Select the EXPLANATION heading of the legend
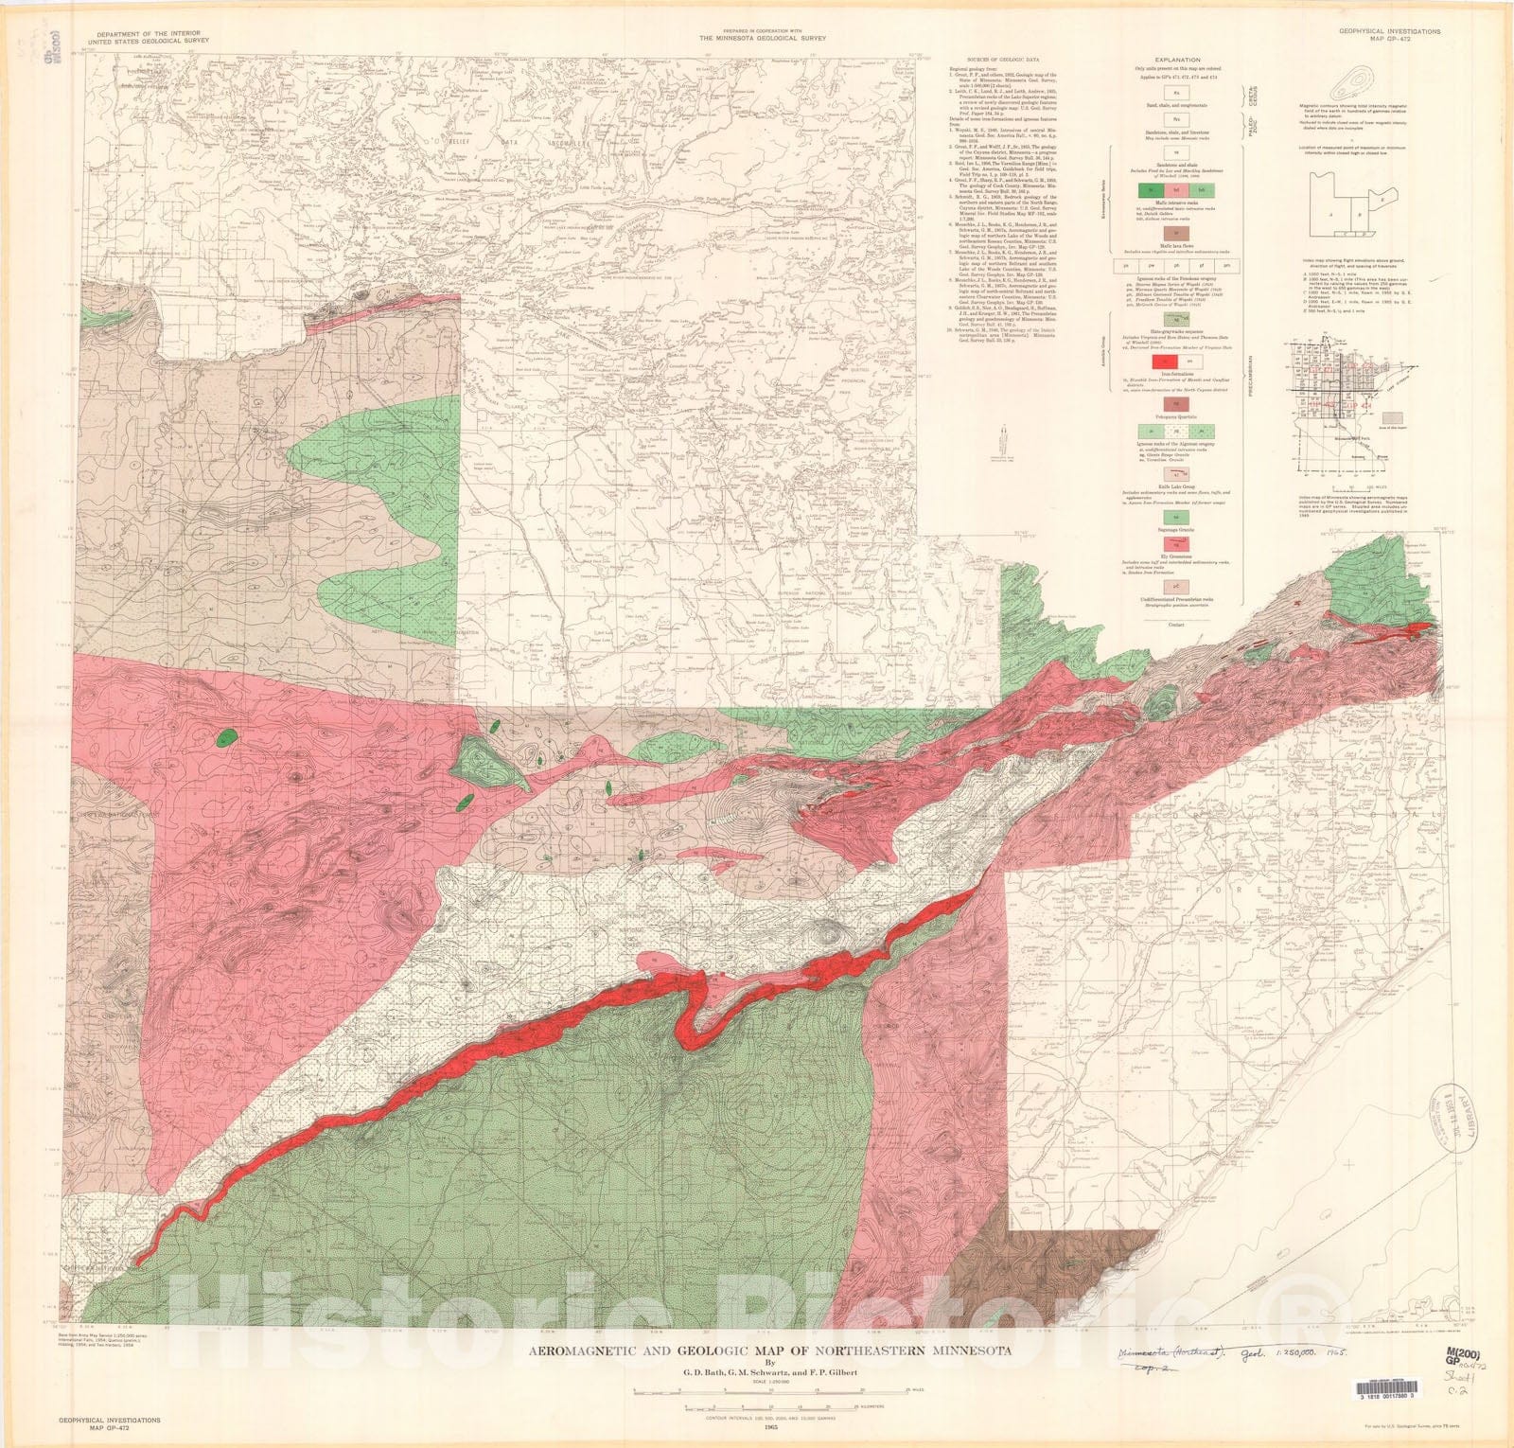(x=1176, y=59)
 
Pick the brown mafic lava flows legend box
(x=1176, y=233)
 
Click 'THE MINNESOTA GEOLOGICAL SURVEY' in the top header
(x=763, y=39)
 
